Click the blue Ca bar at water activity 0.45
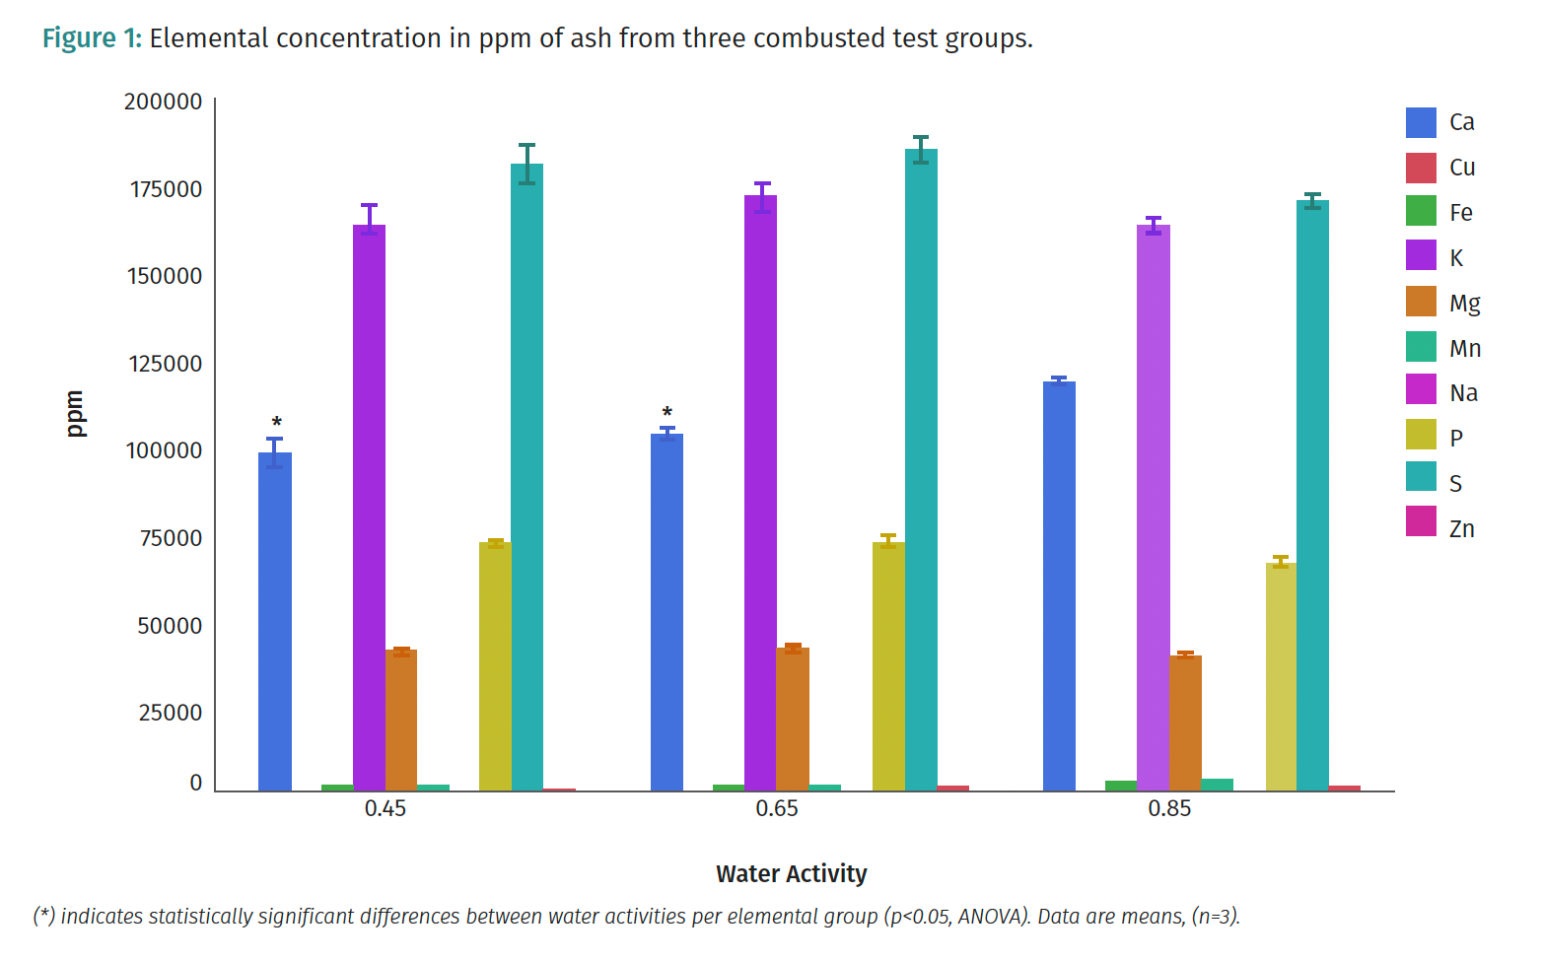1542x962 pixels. [x=275, y=621]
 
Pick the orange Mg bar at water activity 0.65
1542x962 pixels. [x=793, y=719]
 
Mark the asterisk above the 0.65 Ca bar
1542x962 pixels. [x=667, y=413]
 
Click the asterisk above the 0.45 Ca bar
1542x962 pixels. [x=277, y=423]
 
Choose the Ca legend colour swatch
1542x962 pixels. [x=1421, y=122]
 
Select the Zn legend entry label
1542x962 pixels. [x=1462, y=529]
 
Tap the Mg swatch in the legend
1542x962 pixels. [x=1421, y=303]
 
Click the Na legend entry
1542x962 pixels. [x=1463, y=393]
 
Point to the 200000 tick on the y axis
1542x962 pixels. [x=164, y=102]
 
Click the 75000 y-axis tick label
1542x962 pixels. [x=171, y=538]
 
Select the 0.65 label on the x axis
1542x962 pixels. [x=777, y=809]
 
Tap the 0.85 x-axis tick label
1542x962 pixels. [x=1169, y=809]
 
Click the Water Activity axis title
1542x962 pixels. [x=791, y=874]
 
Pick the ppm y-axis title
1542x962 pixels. [x=75, y=414]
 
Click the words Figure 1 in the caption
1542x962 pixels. [x=92, y=38]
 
